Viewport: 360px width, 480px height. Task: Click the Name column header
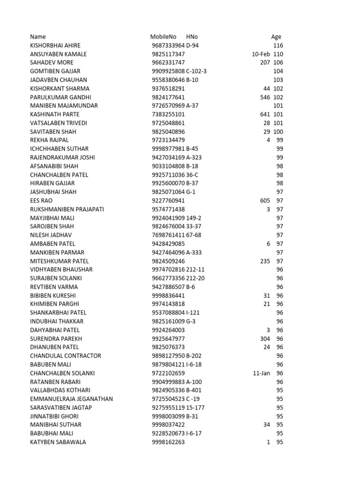coord(38,37)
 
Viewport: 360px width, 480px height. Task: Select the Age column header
coord(276,37)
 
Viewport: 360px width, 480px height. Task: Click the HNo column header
coord(192,37)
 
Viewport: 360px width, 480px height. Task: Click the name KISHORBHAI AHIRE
coord(55,45)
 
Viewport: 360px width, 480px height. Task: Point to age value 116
coord(278,45)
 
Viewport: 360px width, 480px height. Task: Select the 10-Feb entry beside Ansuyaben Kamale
coord(261,54)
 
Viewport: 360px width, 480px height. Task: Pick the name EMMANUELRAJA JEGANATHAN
coord(72,399)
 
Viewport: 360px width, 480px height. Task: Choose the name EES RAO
coord(41,201)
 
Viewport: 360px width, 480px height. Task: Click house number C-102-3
coord(196,71)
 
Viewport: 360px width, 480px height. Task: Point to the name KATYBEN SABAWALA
coord(58,442)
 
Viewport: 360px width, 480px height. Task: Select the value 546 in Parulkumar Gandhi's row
coord(265,97)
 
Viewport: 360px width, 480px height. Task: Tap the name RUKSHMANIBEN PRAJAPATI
coord(67,209)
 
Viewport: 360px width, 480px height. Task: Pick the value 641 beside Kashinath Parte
coord(265,114)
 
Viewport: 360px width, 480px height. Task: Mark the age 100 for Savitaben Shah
coord(278,132)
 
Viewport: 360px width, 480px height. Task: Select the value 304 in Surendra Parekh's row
coord(265,338)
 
